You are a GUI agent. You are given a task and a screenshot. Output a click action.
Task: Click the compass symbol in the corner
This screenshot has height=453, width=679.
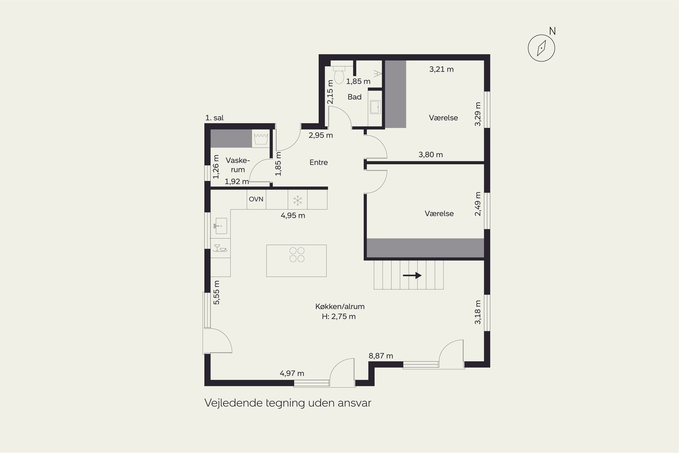click(x=541, y=48)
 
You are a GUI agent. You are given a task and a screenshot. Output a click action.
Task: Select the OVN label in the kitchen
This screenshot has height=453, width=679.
click(x=256, y=199)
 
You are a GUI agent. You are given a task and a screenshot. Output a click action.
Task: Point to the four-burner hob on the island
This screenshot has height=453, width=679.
click(x=297, y=255)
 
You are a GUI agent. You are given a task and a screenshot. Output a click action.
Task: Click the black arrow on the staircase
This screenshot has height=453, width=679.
click(x=412, y=275)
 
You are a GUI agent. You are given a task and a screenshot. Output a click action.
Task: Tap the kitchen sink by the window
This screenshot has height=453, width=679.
click(x=220, y=226)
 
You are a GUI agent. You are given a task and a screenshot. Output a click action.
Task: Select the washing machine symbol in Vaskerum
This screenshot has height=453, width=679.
click(x=261, y=139)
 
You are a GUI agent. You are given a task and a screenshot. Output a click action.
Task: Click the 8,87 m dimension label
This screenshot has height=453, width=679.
click(x=381, y=356)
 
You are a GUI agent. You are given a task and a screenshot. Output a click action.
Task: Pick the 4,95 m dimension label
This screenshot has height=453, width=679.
click(x=293, y=216)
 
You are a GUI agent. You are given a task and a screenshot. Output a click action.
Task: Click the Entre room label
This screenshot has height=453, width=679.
click(x=319, y=162)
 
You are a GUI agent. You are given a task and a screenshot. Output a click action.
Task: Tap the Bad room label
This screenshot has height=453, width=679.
click(x=354, y=97)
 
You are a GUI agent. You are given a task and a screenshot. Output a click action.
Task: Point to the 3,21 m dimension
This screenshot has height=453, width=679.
click(x=441, y=69)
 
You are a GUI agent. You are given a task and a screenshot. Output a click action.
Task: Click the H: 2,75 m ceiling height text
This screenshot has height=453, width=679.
click(x=339, y=316)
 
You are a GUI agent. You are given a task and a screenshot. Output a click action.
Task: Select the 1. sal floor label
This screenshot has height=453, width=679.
click(x=215, y=118)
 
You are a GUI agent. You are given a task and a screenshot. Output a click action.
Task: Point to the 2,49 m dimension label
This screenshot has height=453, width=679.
click(x=478, y=204)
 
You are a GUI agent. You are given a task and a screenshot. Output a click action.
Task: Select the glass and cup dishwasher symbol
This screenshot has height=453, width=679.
click(x=220, y=248)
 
